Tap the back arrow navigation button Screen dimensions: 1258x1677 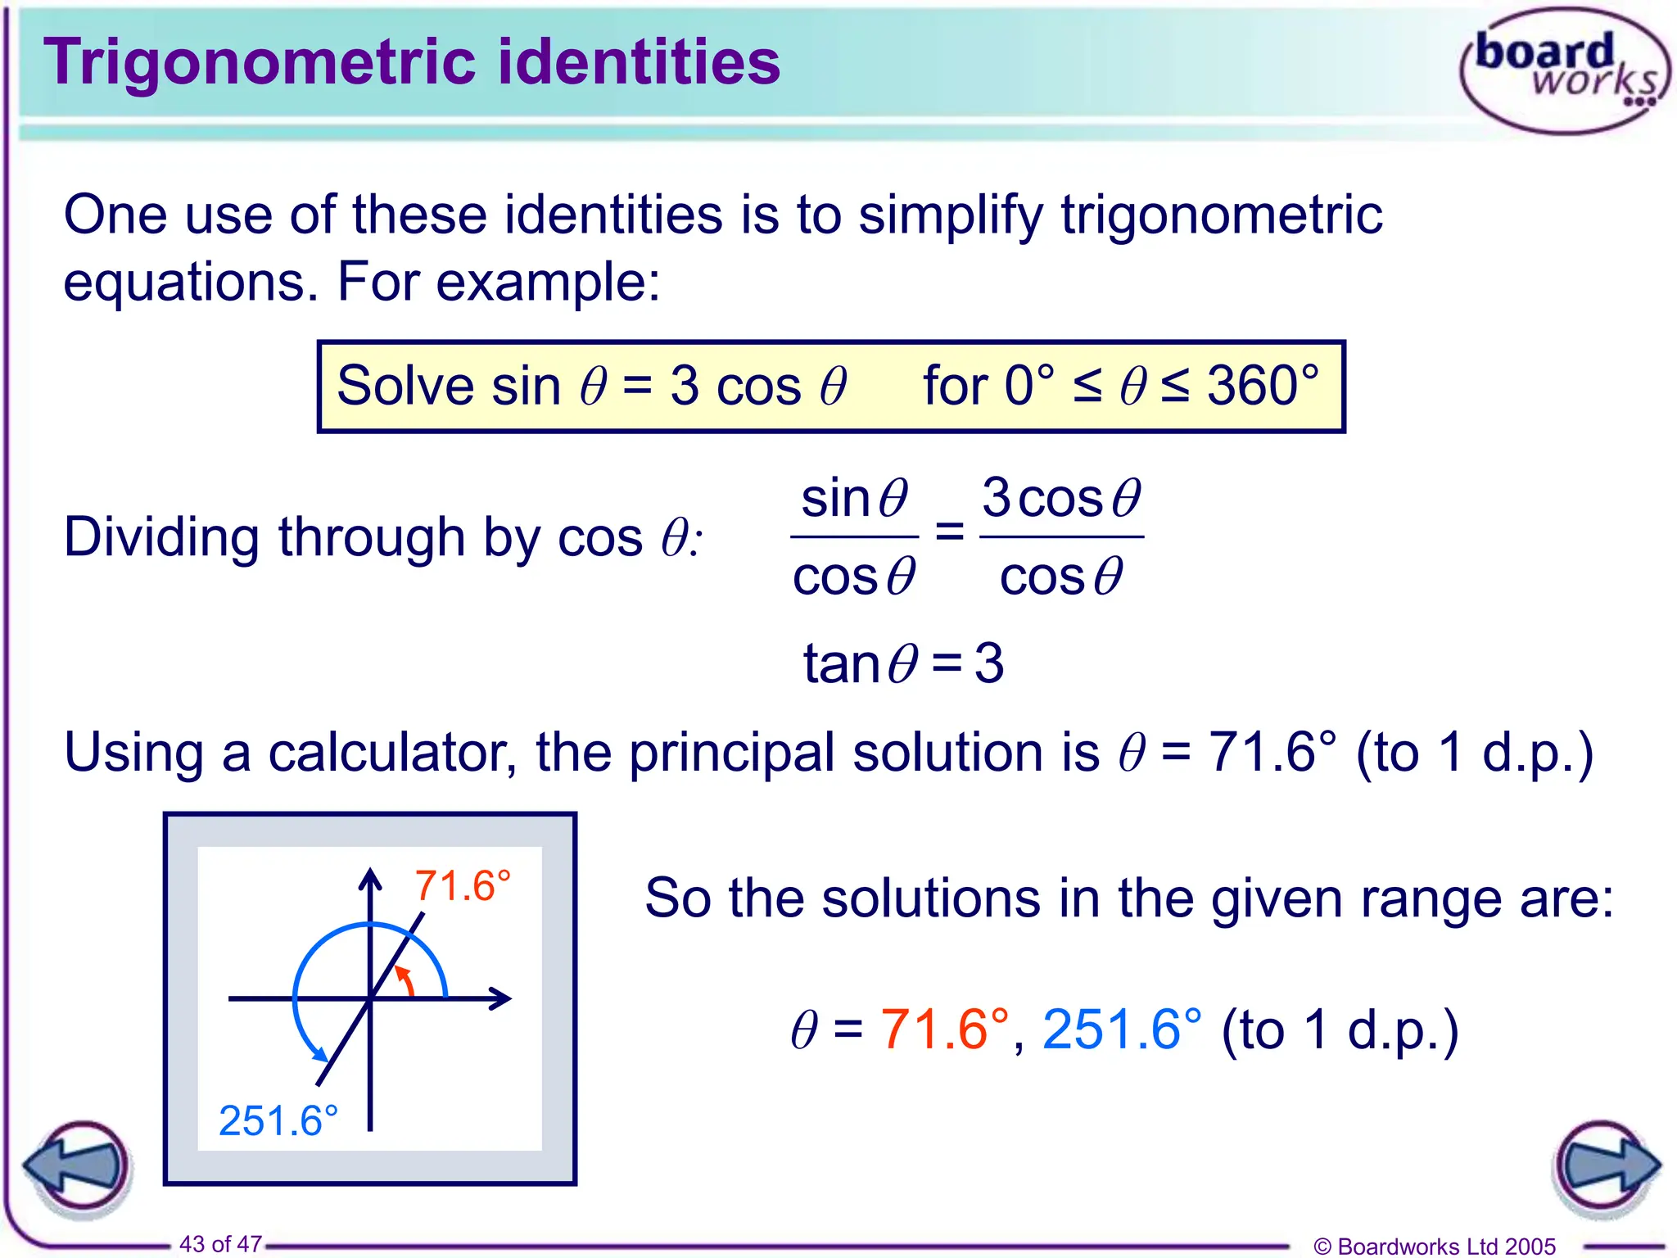pyautogui.click(x=79, y=1166)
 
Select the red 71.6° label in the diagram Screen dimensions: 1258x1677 pyautogui.click(x=463, y=886)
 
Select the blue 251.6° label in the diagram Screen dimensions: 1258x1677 pyautogui.click(x=278, y=1120)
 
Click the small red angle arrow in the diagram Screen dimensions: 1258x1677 pyautogui.click(x=405, y=980)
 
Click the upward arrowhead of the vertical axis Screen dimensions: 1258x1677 pyautogui.click(x=370, y=878)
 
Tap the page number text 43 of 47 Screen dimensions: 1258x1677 pyautogui.click(x=220, y=1243)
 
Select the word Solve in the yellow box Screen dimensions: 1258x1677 pyautogui.click(x=405, y=386)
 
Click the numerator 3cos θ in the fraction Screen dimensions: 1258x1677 pyautogui.click(x=1061, y=498)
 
